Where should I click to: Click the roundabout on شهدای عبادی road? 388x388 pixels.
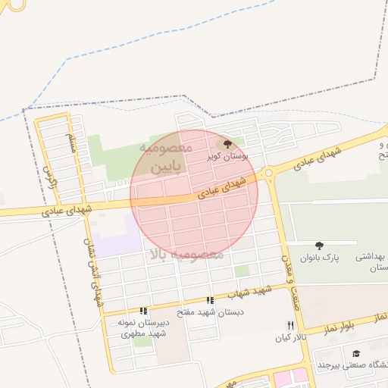[268, 174]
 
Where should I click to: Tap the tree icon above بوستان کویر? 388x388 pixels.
[228, 143]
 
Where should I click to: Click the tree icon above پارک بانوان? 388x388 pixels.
[319, 246]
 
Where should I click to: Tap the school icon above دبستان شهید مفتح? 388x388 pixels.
[210, 301]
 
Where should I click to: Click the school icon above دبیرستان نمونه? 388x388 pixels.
[142, 311]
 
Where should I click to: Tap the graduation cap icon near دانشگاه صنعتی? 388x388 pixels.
[357, 353]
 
